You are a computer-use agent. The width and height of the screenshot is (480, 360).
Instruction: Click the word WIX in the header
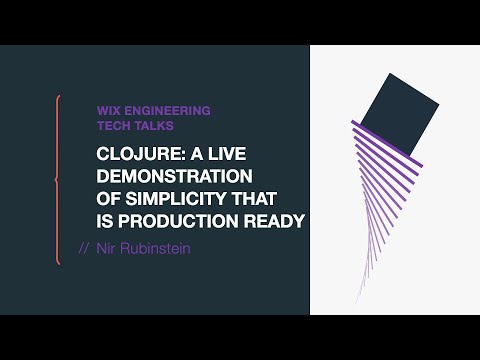pos(108,111)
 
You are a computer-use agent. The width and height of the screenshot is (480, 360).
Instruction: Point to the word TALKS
pos(154,127)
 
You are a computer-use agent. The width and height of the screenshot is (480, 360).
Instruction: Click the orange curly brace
pos(58,180)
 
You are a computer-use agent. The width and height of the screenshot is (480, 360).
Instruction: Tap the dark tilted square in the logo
pos(400,115)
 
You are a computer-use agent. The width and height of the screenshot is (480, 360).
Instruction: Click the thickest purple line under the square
pos(387,143)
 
